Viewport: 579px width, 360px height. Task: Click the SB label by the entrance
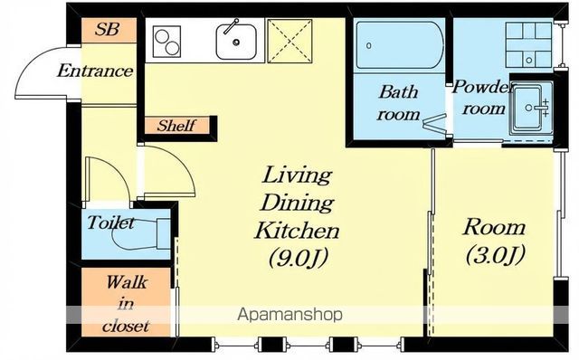(x=107, y=29)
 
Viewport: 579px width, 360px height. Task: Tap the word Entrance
(x=95, y=71)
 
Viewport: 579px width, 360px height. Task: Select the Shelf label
(x=176, y=126)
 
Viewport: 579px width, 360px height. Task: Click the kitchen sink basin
(x=236, y=42)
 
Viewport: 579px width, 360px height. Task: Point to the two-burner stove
(x=167, y=42)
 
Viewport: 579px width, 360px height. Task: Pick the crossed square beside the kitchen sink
(x=289, y=41)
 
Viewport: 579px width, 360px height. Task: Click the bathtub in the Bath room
(x=399, y=45)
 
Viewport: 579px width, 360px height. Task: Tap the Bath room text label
(x=398, y=103)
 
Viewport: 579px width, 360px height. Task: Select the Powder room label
(x=482, y=98)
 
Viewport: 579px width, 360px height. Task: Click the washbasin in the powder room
(x=533, y=108)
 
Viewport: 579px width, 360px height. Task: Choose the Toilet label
(x=110, y=223)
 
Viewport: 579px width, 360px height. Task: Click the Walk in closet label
(x=127, y=304)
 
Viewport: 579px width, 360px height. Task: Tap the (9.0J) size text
(x=298, y=258)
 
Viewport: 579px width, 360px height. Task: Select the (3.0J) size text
(x=495, y=255)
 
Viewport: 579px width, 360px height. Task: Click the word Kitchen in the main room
(x=298, y=231)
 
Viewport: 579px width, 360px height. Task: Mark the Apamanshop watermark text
(x=289, y=315)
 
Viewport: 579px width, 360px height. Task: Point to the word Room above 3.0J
(x=494, y=227)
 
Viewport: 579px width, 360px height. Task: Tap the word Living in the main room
(x=297, y=175)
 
